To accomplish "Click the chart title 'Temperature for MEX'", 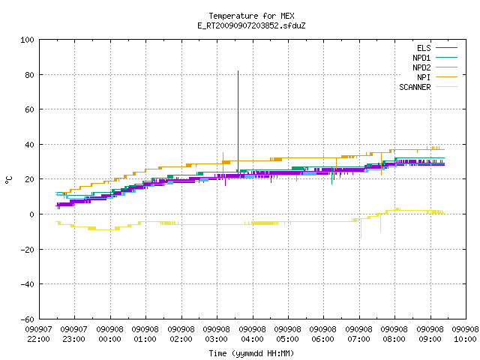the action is [251, 16].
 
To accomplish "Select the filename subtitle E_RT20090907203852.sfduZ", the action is [251, 25].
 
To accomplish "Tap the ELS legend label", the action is [424, 48].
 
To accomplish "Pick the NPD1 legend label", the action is [421, 58].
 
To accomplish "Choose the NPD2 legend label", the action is [421, 67].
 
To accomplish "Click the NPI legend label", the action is [424, 77].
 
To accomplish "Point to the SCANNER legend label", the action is [415, 87].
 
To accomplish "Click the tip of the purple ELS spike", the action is [238, 71].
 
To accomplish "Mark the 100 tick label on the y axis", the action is [27, 40].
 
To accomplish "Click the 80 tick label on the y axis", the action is [29, 75].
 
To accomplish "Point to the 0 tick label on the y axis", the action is [31, 214].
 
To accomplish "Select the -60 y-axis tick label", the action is [27, 319].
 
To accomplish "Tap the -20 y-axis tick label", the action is [27, 250].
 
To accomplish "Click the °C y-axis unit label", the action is [9, 180].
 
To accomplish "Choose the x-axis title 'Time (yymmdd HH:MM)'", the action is [251, 353].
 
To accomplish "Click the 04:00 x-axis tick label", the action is [252, 339].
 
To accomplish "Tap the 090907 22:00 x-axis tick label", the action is [38, 334].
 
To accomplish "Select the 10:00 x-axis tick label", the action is [465, 339].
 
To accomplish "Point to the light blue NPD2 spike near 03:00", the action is [223, 165].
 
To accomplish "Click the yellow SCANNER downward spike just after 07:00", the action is [361, 228].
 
